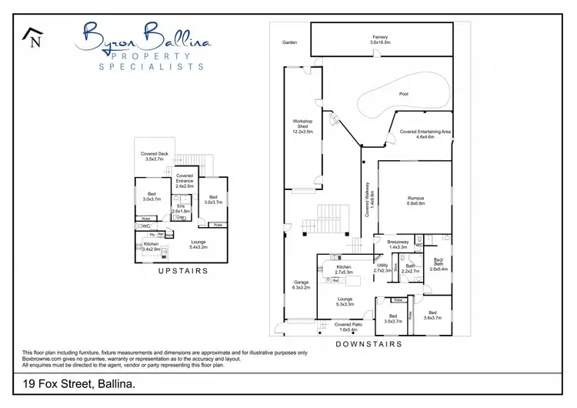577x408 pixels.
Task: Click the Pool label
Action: pyautogui.click(x=404, y=94)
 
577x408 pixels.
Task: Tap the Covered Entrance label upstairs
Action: pyautogui.click(x=184, y=181)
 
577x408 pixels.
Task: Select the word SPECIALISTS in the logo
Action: pyautogui.click(x=152, y=66)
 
